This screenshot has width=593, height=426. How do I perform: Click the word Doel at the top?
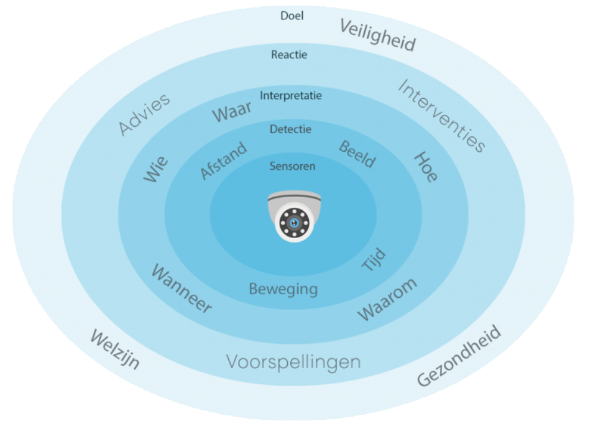coord(292,16)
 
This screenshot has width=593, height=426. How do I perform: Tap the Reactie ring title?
coord(289,55)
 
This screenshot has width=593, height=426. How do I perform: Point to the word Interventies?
coord(441,116)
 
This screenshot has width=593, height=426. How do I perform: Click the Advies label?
coord(144,114)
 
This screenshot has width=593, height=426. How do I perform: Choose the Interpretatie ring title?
coord(291,96)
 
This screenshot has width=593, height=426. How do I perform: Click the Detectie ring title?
coord(291,129)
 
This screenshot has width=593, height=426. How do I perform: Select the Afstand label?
coord(223,160)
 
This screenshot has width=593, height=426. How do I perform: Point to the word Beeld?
coord(357,154)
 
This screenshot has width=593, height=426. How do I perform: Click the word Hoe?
coord(426,167)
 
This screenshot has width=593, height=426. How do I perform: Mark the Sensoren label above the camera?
coord(292,166)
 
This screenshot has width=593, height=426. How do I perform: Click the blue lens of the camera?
coord(294,222)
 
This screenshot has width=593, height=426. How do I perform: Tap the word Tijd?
coord(374,260)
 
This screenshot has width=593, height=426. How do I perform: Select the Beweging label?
coord(283,289)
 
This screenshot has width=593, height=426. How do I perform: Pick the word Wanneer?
coord(182,290)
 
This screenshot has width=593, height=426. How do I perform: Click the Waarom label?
coord(387,300)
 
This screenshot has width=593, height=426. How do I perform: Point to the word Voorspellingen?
coord(293,361)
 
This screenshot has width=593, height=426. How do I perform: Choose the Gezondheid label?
coord(459,356)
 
